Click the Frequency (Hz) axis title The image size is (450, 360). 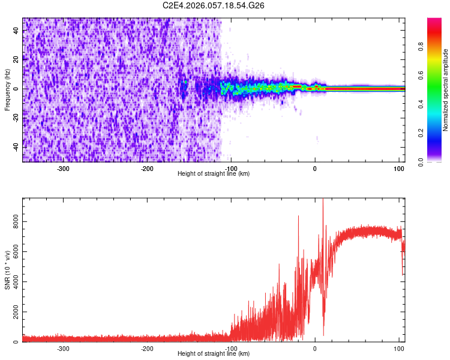[7, 89]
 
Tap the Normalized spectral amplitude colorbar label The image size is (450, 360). [446, 89]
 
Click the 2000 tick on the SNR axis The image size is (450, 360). [13, 312]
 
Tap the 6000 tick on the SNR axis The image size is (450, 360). [13, 251]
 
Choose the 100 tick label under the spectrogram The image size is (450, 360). [399, 169]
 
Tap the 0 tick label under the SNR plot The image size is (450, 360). [315, 349]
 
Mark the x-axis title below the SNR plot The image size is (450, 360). [214, 354]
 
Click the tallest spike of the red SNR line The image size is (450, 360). [323, 200]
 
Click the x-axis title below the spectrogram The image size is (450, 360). [214, 174]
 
